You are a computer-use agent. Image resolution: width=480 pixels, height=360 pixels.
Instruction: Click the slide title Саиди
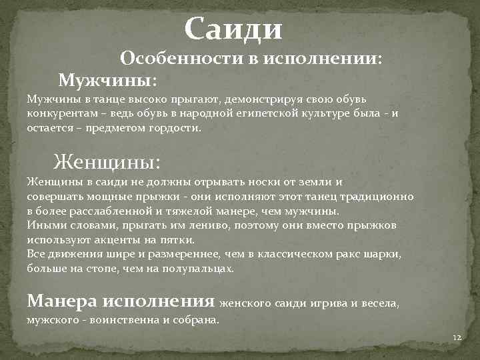coord(234,29)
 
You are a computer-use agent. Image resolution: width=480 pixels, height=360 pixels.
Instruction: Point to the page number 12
coord(457,338)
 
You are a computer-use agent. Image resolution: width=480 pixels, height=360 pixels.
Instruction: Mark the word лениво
coord(193,225)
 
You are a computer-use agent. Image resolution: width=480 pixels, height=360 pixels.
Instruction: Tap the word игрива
coord(329,304)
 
